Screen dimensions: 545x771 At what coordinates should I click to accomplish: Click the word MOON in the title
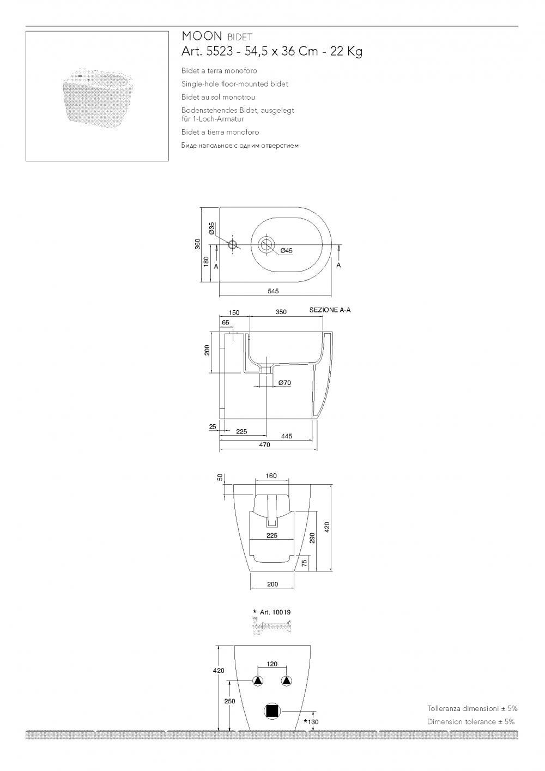click(x=202, y=36)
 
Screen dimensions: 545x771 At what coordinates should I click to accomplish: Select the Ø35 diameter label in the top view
click(x=211, y=228)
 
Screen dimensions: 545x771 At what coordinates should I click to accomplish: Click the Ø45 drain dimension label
click(x=286, y=251)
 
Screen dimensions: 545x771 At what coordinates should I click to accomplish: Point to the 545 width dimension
click(x=273, y=291)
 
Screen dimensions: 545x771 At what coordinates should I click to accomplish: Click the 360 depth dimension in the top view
click(x=197, y=244)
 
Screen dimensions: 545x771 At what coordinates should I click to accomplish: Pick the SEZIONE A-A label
click(x=330, y=310)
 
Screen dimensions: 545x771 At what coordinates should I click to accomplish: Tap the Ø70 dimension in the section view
click(x=284, y=382)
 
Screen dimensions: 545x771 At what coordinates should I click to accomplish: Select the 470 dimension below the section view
click(x=264, y=445)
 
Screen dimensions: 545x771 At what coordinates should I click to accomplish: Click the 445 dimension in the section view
click(x=287, y=436)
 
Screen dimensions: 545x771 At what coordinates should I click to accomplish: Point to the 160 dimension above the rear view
click(x=271, y=475)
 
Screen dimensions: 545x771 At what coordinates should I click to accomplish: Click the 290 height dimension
click(x=312, y=538)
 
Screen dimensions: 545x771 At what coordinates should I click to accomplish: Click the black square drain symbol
click(x=272, y=712)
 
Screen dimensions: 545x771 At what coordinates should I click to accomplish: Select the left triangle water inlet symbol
click(x=258, y=681)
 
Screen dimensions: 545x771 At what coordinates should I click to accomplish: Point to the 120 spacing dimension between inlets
click(x=272, y=664)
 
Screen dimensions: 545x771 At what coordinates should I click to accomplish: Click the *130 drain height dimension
click(x=311, y=722)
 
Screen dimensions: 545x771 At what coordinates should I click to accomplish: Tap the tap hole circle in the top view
click(x=233, y=245)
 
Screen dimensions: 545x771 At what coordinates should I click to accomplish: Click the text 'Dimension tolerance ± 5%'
click(x=471, y=722)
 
